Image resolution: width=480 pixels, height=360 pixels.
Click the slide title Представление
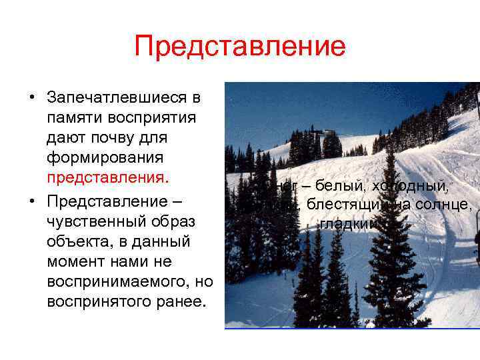(x=240, y=47)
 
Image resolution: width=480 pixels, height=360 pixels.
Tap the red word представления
(x=109, y=179)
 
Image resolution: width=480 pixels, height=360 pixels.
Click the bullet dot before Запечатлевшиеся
(x=31, y=99)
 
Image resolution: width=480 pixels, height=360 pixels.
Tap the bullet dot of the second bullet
(x=31, y=201)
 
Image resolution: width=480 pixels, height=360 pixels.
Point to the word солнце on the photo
(x=447, y=205)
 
